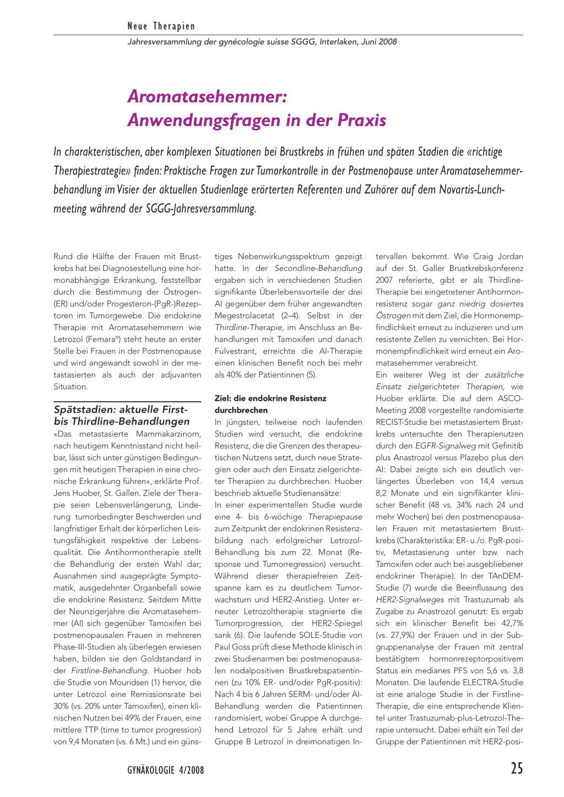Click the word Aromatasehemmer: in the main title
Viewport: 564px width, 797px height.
click(207, 96)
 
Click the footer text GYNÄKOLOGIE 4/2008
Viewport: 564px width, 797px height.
click(165, 770)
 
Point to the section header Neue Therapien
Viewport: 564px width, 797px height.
click(161, 26)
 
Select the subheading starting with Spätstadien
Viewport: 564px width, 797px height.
click(121, 416)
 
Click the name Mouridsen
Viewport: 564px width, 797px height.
click(125, 683)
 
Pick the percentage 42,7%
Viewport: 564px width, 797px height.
click(510, 623)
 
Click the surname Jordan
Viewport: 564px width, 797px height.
click(510, 256)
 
